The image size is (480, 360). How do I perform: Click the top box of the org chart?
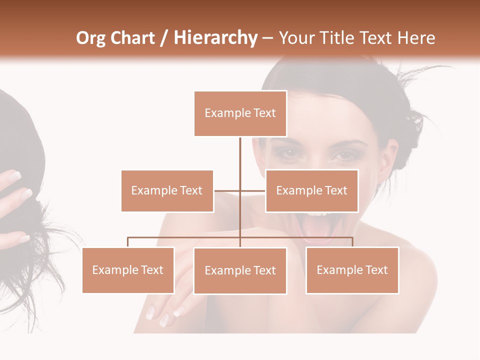tap(240, 113)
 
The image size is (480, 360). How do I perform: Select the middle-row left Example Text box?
tap(167, 190)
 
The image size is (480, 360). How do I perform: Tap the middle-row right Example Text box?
tap(311, 190)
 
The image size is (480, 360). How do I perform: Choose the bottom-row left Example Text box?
tap(128, 270)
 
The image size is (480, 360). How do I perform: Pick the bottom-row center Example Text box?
tap(240, 270)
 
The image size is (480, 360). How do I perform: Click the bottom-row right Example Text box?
tap(352, 270)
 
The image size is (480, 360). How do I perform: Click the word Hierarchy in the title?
tap(215, 38)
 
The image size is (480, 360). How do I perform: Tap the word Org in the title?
tap(90, 38)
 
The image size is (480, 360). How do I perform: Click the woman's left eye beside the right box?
tap(344, 156)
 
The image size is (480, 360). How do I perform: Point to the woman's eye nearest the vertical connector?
tap(286, 154)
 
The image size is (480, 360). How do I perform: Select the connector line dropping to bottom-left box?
tap(128, 242)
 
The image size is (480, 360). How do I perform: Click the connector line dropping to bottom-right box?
tap(352, 242)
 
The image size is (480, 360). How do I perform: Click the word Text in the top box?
tap(264, 113)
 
